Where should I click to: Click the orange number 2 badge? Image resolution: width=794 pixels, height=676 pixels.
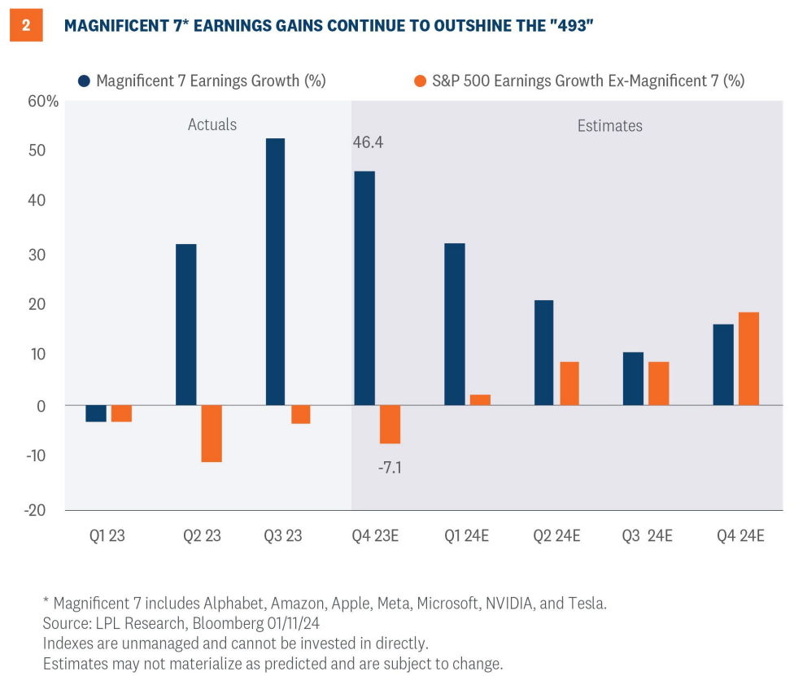26,25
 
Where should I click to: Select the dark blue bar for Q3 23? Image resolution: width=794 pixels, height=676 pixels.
275,272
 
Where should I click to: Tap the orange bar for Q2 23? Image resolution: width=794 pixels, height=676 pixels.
212,433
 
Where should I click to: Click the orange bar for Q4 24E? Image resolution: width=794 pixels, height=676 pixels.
748,359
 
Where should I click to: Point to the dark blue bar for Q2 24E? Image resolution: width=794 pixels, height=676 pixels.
543,352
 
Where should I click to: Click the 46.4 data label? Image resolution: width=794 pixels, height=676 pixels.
369,142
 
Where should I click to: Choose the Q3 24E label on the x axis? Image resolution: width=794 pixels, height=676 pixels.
646,537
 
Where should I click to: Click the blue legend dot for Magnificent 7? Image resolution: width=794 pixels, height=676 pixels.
84,81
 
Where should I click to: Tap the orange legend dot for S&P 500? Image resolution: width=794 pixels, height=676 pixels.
420,81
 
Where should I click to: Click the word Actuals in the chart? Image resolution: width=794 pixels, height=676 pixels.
212,124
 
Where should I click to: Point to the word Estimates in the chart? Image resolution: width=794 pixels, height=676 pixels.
609,126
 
